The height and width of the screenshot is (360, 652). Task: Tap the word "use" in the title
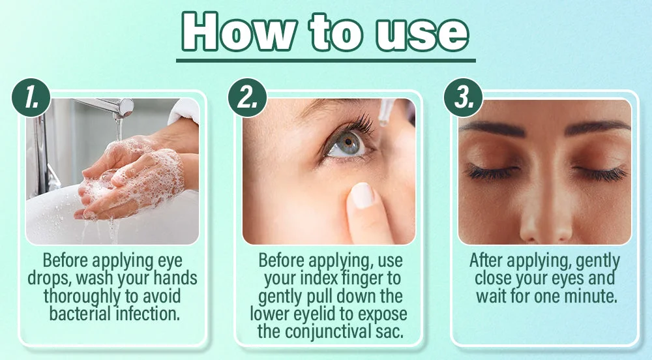click(422, 35)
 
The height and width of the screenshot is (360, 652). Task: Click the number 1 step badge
click(31, 98)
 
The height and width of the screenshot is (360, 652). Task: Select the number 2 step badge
click(247, 98)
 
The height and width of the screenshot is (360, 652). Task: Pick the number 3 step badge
click(463, 98)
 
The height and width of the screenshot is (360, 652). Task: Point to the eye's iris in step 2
click(348, 143)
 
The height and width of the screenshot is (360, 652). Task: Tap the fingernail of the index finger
click(363, 196)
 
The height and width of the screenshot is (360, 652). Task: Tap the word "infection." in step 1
click(148, 313)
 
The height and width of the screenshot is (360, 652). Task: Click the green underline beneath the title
click(326, 60)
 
